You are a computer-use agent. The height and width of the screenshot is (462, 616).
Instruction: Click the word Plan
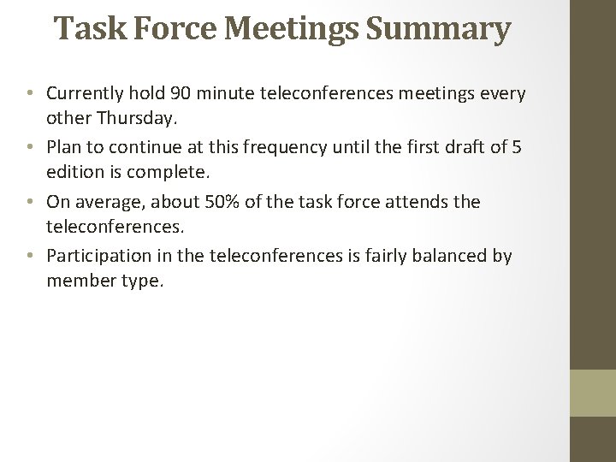point(64,147)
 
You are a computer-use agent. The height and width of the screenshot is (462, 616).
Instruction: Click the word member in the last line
point(82,280)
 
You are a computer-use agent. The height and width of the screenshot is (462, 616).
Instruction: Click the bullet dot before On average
point(30,203)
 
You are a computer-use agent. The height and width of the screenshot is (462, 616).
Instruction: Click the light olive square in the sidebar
point(593,393)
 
